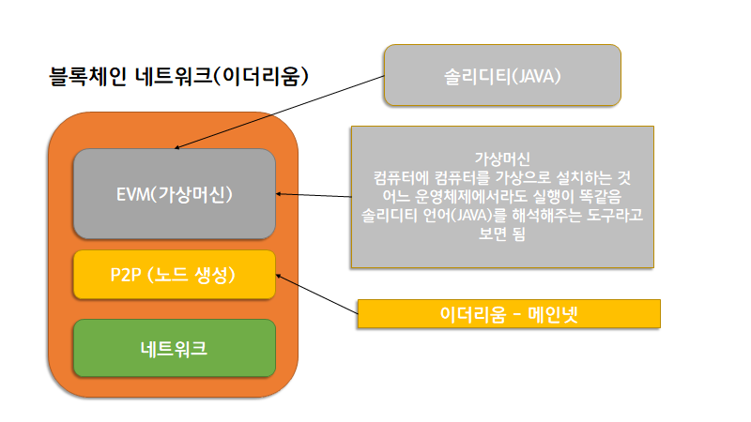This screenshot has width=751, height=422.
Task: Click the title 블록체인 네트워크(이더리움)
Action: [x=178, y=76]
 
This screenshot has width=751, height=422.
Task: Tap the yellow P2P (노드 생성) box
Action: [x=175, y=275]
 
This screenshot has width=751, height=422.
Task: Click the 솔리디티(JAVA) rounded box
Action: [x=501, y=74]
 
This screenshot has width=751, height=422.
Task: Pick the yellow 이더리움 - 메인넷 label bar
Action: [x=509, y=314]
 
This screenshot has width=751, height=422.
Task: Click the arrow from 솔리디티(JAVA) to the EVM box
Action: [x=282, y=111]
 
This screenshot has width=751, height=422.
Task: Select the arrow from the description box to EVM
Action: [x=314, y=196]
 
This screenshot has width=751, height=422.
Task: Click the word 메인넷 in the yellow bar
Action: [x=553, y=314]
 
